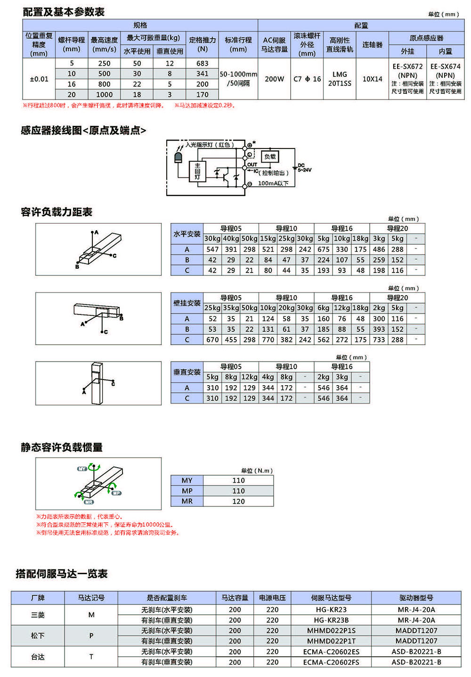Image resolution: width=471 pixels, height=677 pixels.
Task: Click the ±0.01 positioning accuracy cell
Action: pyautogui.click(x=39, y=79)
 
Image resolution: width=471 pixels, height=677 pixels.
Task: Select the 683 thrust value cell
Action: pyautogui.click(x=203, y=63)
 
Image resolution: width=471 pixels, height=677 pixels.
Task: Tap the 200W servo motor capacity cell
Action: pyautogui.click(x=274, y=79)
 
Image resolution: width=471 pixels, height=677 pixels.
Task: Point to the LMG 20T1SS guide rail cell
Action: pyautogui.click(x=340, y=79)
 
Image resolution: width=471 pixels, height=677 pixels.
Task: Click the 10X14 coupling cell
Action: pyautogui.click(x=372, y=79)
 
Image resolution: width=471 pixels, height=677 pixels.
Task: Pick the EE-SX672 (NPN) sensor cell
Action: pyautogui.click(x=407, y=71)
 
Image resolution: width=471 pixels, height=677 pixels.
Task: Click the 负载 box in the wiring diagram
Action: pyautogui.click(x=270, y=157)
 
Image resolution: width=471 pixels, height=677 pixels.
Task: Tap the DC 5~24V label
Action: pyautogui.click(x=304, y=168)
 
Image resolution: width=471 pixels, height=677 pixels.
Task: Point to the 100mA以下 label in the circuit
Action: pyautogui.click(x=273, y=183)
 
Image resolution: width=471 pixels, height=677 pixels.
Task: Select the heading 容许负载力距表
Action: pyautogui.click(x=57, y=212)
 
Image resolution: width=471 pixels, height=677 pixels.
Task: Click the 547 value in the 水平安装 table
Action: pyautogui.click(x=212, y=249)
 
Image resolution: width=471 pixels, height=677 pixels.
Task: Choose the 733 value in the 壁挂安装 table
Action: pyautogui.click(x=379, y=339)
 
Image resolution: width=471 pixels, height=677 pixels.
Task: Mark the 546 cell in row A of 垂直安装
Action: pyautogui.click(x=324, y=388)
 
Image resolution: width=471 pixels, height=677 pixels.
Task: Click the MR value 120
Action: pyautogui.click(x=238, y=501)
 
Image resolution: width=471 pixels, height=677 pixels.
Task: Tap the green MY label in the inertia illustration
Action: pyautogui.click(x=82, y=469)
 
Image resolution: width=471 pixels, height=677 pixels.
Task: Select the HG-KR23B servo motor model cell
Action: pyautogui.click(x=331, y=620)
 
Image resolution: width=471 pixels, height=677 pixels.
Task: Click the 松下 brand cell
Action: pyautogui.click(x=38, y=636)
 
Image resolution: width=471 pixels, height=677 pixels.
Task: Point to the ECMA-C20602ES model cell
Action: pyautogui.click(x=331, y=652)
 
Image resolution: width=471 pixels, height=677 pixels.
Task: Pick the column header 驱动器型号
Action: pyautogui.click(x=416, y=598)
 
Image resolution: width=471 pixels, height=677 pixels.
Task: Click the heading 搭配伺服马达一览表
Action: pyautogui.click(x=62, y=574)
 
